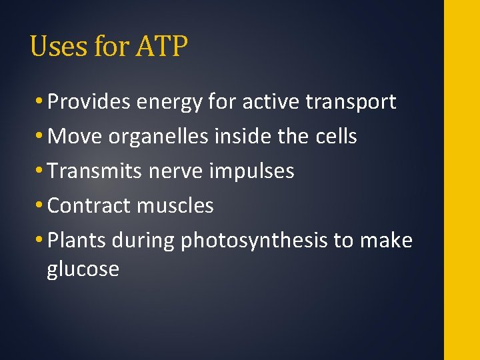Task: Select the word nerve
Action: tap(176, 172)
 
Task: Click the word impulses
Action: tap(252, 172)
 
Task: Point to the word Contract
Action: tap(89, 206)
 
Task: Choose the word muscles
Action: tap(175, 206)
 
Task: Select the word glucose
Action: tap(83, 270)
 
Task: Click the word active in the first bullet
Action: tap(271, 102)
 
